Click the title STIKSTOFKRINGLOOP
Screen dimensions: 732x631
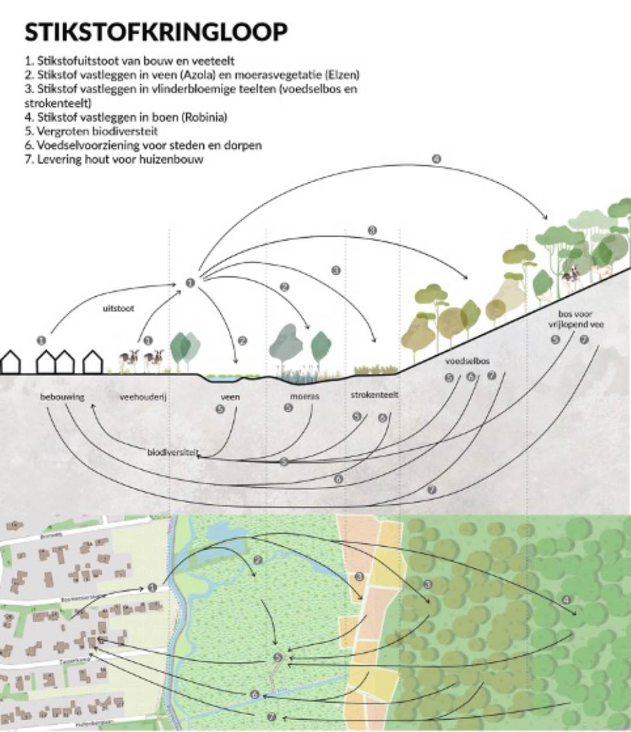coord(156,32)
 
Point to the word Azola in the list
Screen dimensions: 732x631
coord(200,75)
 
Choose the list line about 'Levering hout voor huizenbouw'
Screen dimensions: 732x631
coord(114,159)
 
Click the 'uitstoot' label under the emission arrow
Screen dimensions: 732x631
coord(118,308)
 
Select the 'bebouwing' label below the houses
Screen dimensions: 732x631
coord(63,397)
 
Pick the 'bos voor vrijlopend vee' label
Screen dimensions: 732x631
coord(576,319)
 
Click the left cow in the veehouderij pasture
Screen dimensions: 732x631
coord(129,359)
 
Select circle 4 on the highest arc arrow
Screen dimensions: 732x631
coord(436,158)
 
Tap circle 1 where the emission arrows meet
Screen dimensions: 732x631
coord(190,283)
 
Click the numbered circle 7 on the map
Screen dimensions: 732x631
coord(271,716)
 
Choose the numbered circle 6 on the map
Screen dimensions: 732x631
coord(255,695)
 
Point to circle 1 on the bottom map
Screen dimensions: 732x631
coord(152,587)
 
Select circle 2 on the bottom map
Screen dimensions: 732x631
coord(258,560)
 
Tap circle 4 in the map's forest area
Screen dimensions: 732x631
coord(566,600)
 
